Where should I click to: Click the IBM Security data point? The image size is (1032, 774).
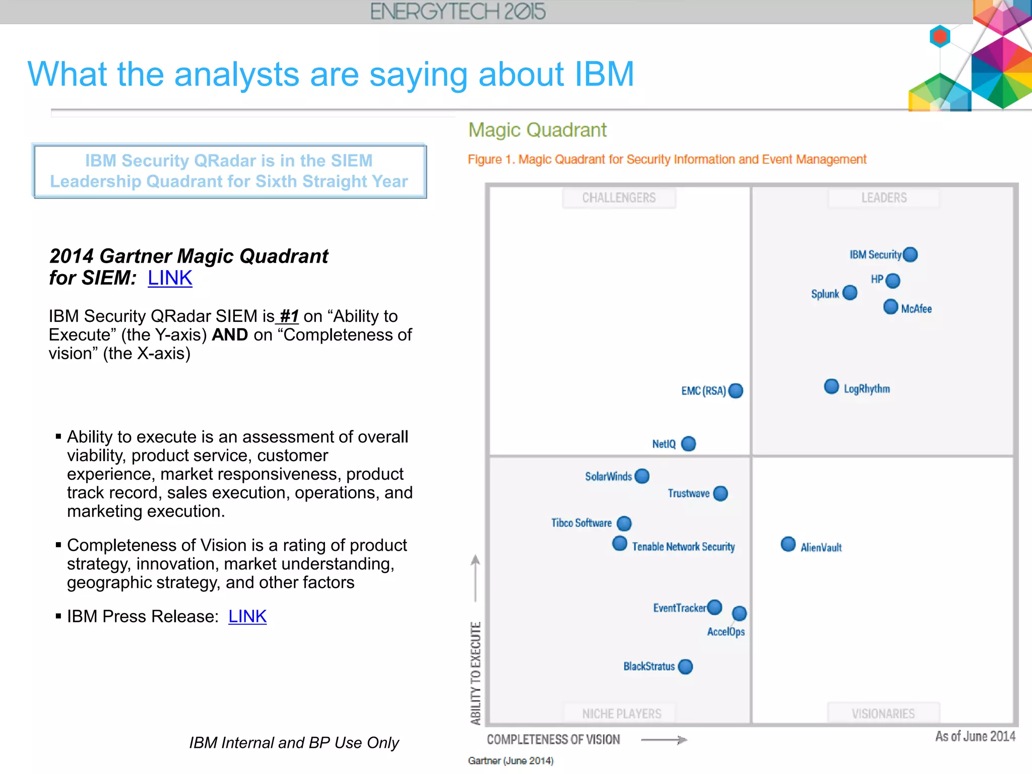910,254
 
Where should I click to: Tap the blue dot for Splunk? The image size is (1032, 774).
850,293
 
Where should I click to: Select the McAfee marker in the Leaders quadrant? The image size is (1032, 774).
890,306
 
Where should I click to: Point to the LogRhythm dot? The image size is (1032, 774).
831,386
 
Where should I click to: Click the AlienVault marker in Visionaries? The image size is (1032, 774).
788,544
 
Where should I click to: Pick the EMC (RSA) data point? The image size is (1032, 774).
736,391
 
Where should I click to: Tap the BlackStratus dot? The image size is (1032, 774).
685,667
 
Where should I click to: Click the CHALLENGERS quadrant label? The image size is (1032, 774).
619,198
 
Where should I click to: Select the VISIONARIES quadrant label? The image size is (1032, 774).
883,714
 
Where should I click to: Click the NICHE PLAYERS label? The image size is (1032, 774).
621,714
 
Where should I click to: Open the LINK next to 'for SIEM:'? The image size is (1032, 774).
170,278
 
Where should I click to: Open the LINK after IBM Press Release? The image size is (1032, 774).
247,616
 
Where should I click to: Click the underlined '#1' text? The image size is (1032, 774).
289,316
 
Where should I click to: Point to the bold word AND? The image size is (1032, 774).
230,335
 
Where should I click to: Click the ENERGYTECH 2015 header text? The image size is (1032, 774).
458,12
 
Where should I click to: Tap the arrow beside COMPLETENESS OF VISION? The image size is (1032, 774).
664,740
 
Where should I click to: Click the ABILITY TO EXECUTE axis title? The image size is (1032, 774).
475,673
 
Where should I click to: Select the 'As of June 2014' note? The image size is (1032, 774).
975,736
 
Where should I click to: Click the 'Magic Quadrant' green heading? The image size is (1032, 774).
537,130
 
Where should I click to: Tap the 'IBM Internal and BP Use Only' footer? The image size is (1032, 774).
294,743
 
